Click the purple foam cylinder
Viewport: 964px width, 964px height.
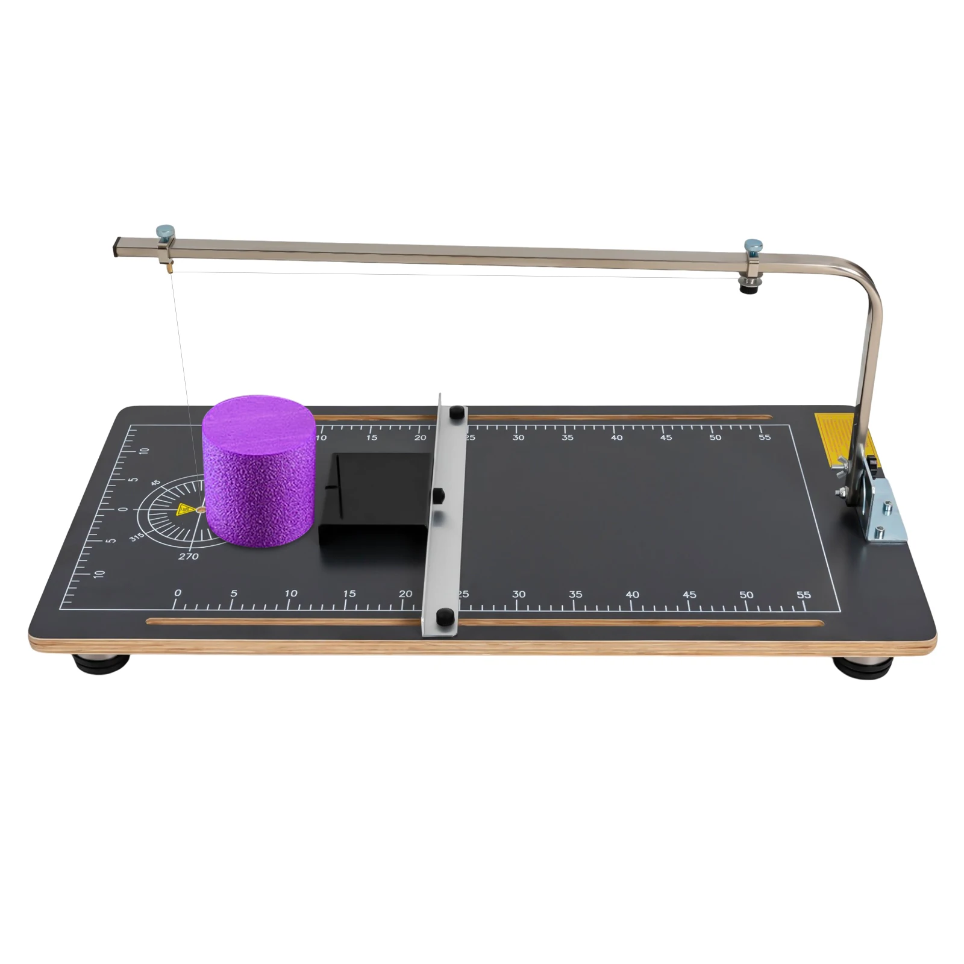pos(259,470)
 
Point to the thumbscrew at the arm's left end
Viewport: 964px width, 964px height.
pos(164,231)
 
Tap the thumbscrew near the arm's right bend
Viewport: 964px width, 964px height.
pos(753,245)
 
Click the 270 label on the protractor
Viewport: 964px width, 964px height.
pos(189,556)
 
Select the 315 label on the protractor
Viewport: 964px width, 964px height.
pos(137,536)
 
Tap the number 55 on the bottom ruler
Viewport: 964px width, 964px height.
pos(803,595)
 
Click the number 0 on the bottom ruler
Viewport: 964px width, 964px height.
pos(178,593)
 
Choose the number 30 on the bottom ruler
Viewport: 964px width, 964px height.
pos(519,594)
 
